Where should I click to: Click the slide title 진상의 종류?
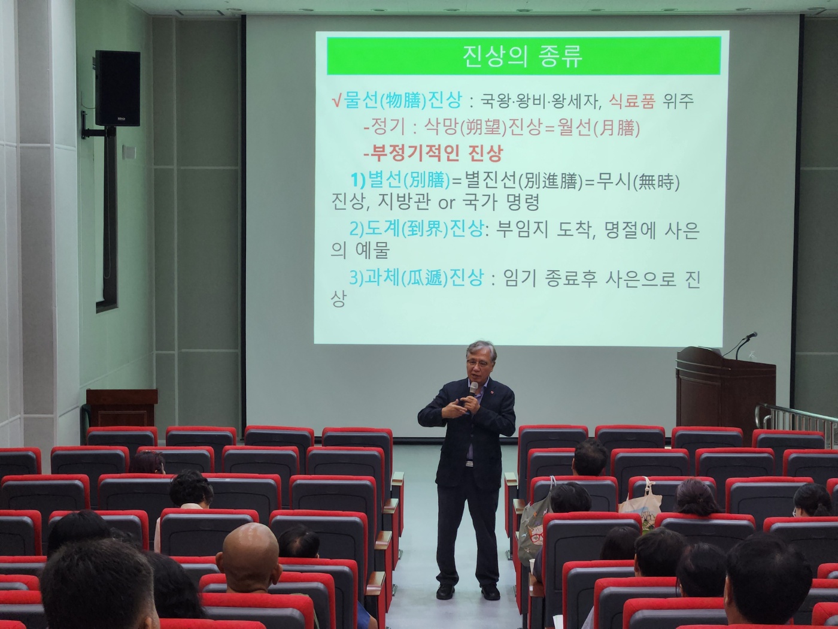coord(523,56)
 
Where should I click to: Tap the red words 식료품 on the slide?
coord(631,101)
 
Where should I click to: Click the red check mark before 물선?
coord(336,101)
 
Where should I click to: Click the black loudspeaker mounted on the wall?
coord(117,88)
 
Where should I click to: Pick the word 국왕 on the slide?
coord(494,101)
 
